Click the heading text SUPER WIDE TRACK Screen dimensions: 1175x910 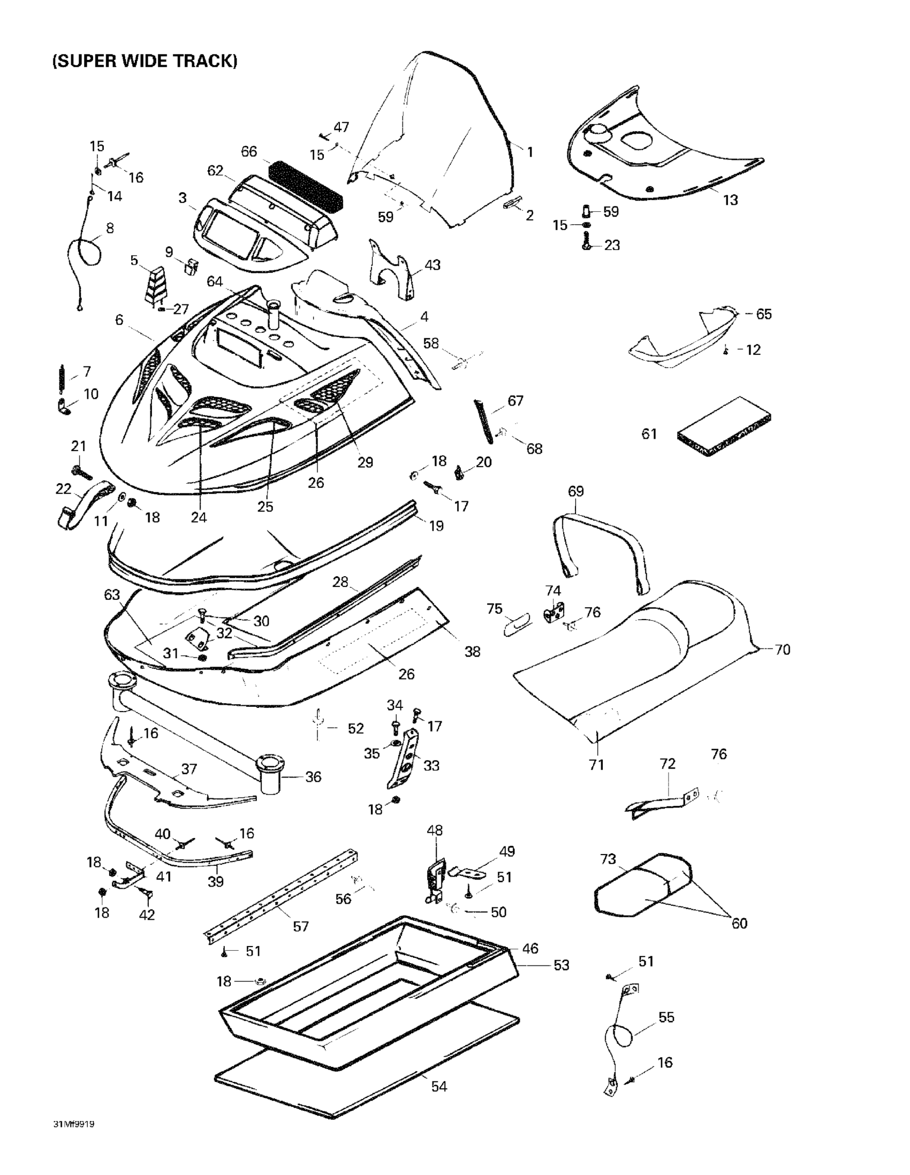(145, 61)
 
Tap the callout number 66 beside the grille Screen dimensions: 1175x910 (248, 152)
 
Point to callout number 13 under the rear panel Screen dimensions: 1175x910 (730, 200)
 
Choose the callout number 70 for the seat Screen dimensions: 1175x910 (782, 650)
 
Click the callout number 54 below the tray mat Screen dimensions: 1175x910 (439, 1086)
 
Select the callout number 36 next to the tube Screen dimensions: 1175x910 (313, 776)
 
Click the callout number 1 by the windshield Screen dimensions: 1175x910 (530, 152)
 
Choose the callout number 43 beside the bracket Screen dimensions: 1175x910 (432, 265)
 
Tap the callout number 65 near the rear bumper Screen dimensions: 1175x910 (764, 314)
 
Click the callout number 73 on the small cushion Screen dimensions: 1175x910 (608, 859)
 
